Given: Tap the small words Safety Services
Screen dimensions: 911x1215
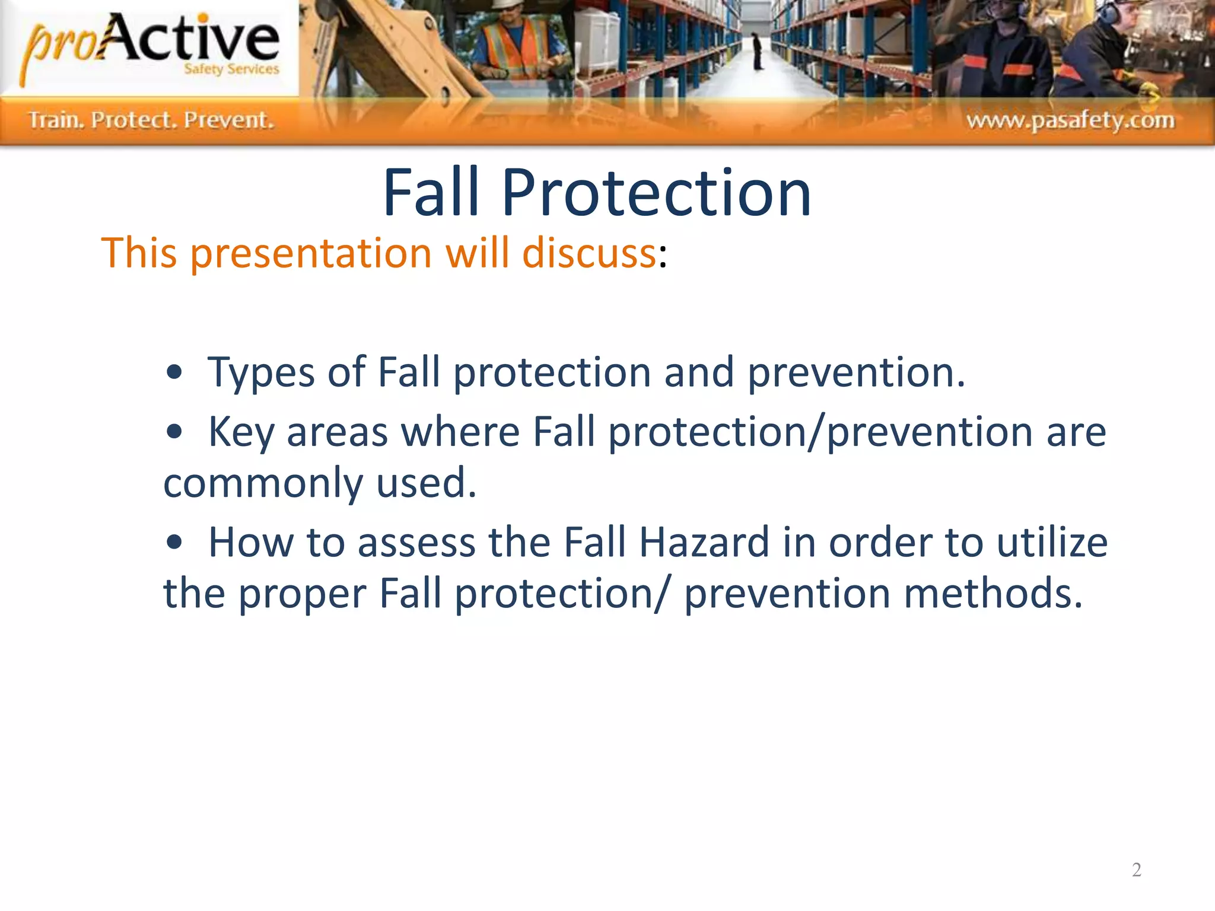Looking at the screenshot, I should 231,69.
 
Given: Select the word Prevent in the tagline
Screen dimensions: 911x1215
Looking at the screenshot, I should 228,120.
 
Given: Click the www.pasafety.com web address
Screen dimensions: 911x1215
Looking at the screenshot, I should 1070,120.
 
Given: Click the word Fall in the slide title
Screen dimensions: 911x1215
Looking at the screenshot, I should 431,193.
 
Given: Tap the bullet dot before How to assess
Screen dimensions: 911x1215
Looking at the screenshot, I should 174,542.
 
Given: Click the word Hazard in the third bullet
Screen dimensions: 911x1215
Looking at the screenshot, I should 704,543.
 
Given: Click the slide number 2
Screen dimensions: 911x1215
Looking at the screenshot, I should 1136,869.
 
